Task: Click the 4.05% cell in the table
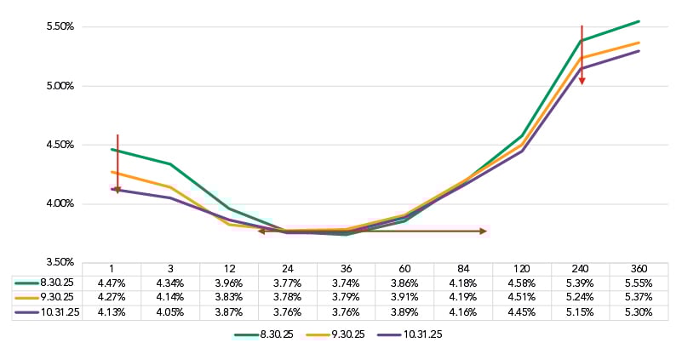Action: coord(172,312)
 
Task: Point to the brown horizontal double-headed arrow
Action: coord(372,231)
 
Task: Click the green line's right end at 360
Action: coord(639,21)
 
